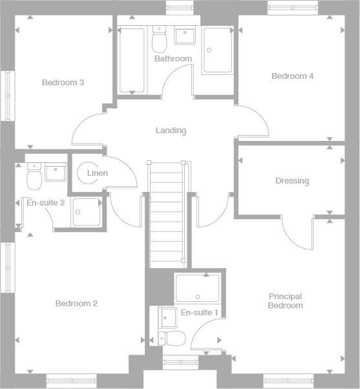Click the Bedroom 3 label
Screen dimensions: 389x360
63,83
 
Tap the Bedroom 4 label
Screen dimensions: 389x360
292,76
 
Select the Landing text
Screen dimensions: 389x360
171,131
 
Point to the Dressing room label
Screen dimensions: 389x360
292,181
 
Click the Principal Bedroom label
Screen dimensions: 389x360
286,301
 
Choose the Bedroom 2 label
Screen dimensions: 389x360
76,304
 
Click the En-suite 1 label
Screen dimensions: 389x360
199,313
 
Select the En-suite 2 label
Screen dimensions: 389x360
45,203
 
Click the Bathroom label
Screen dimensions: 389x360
173,59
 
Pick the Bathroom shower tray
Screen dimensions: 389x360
217,50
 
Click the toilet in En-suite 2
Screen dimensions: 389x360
34,174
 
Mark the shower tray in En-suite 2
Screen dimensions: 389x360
86,212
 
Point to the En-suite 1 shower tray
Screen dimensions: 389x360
198,288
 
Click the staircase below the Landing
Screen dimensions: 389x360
167,213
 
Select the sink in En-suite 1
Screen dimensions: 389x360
167,317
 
